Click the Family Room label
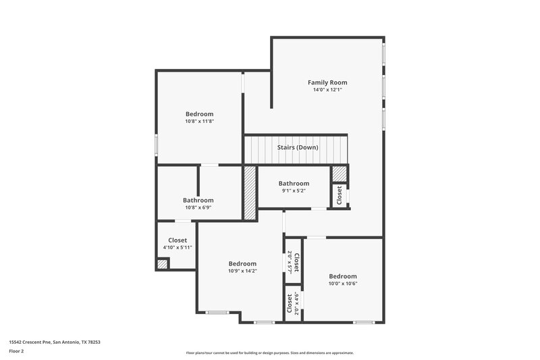click(x=327, y=82)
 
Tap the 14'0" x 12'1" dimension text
click(x=327, y=90)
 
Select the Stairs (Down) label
click(x=298, y=147)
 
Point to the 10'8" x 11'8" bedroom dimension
click(x=199, y=122)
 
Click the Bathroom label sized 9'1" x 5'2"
click(x=294, y=183)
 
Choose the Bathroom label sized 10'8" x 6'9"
click(x=198, y=200)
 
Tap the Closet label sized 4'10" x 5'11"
click(x=178, y=240)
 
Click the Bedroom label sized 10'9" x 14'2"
click(x=242, y=263)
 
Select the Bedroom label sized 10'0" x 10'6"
click(x=343, y=276)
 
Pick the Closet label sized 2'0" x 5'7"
click(x=296, y=257)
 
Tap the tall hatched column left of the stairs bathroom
click(x=250, y=193)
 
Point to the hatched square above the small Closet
click(x=339, y=174)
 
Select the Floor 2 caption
click(x=17, y=351)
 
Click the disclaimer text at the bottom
click(x=270, y=353)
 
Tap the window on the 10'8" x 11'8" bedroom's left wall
click(x=157, y=144)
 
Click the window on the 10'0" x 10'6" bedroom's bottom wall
click(x=364, y=322)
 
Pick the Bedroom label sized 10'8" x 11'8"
click(x=199, y=114)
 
